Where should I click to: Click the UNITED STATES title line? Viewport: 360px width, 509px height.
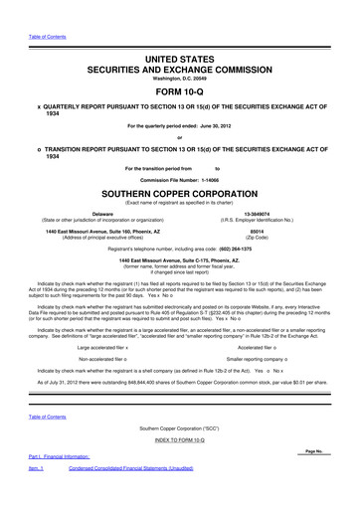[x=179, y=33]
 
